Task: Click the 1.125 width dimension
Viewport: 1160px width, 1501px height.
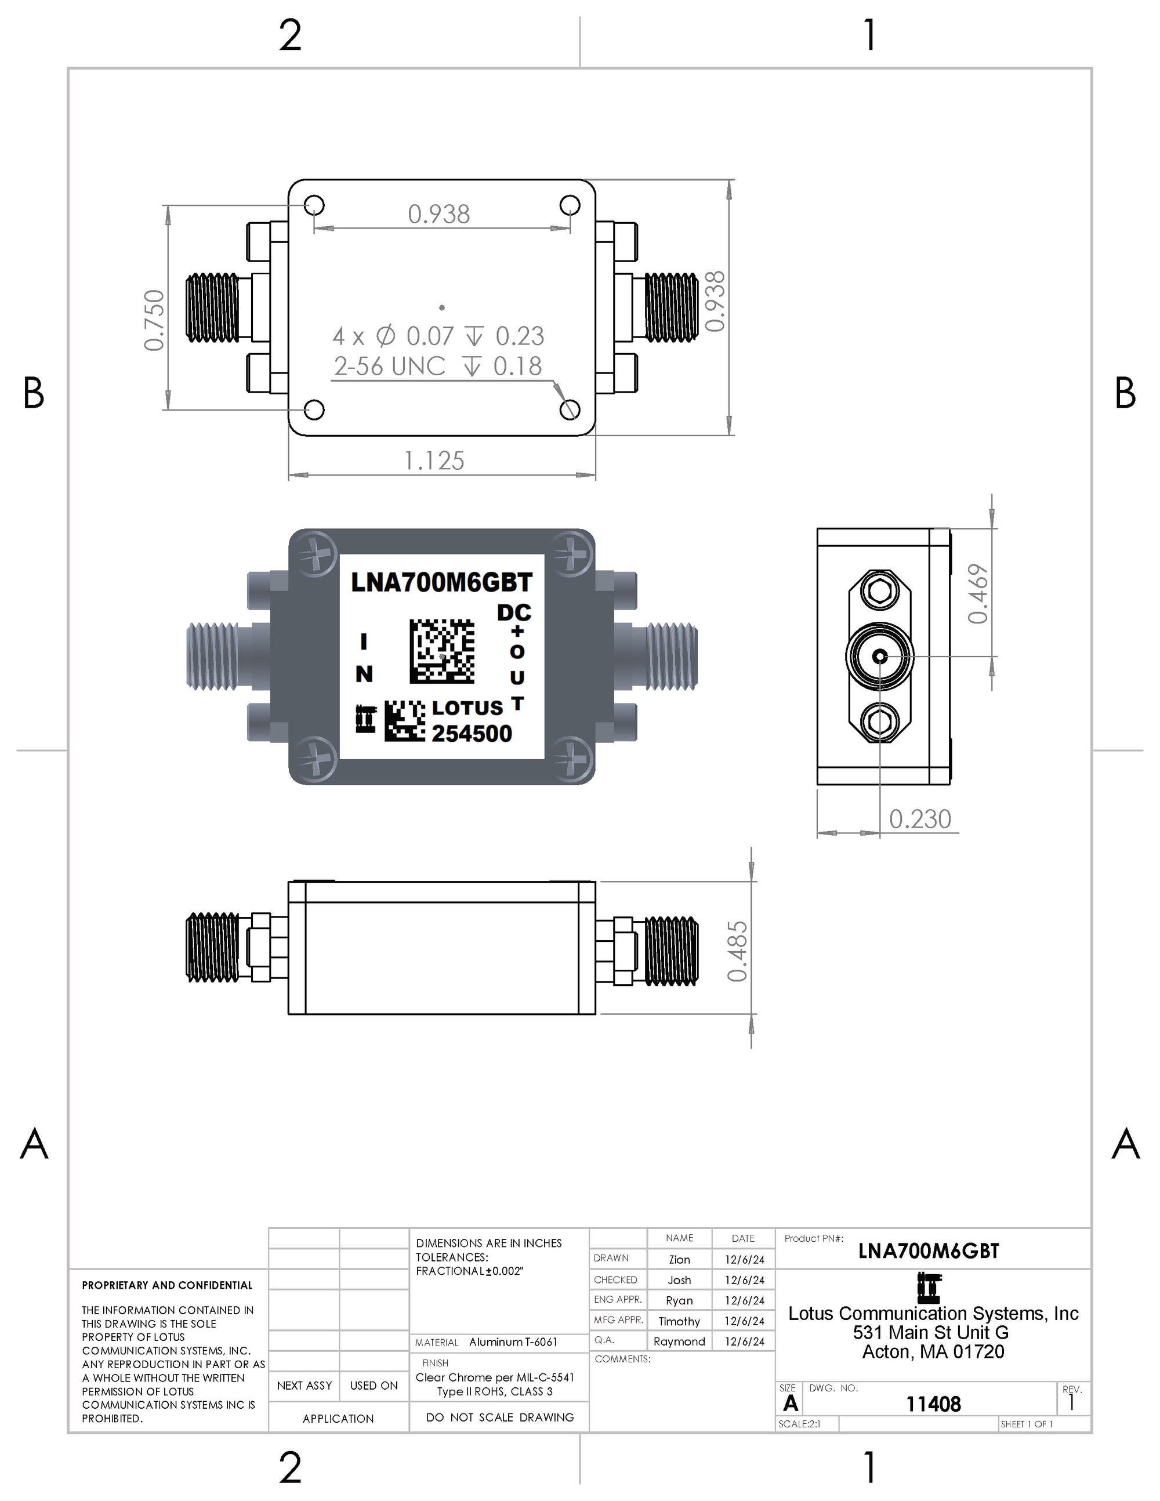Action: pyautogui.click(x=434, y=461)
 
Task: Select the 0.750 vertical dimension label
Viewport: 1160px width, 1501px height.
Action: pyautogui.click(x=155, y=320)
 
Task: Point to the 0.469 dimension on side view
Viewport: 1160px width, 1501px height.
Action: pyautogui.click(x=978, y=593)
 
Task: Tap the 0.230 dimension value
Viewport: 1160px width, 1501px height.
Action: pyautogui.click(x=919, y=819)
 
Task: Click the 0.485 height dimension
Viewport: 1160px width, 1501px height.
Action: pyautogui.click(x=737, y=951)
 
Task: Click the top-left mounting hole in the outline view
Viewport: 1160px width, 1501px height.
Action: pyautogui.click(x=314, y=205)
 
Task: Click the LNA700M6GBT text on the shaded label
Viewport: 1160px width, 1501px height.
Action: pyautogui.click(x=441, y=583)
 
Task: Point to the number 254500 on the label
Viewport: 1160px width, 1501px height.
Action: pyautogui.click(x=472, y=733)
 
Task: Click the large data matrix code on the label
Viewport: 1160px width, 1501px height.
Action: pyautogui.click(x=442, y=651)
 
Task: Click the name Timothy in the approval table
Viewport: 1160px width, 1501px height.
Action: pyautogui.click(x=679, y=1321)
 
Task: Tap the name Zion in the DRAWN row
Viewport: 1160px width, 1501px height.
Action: pyautogui.click(x=679, y=1259)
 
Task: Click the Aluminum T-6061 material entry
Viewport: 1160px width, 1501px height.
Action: pyautogui.click(x=513, y=1342)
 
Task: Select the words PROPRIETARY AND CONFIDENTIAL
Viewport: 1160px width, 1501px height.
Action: pyautogui.click(x=167, y=1285)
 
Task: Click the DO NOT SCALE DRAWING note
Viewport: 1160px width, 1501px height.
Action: pyautogui.click(x=499, y=1417)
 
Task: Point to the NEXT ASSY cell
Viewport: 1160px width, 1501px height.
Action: pyautogui.click(x=304, y=1386)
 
